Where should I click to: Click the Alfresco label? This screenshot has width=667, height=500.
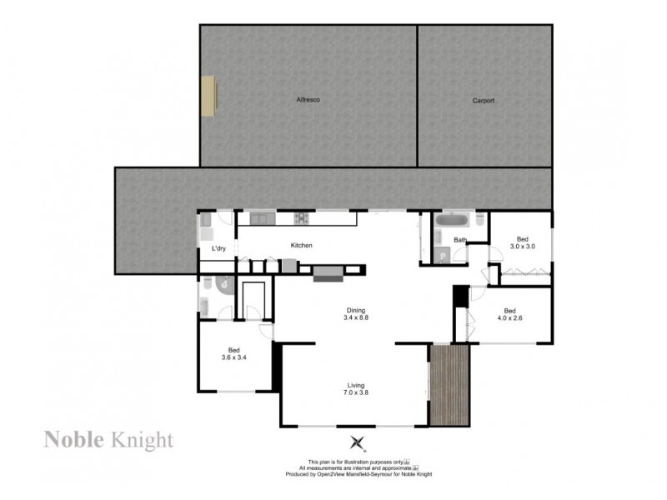(x=308, y=100)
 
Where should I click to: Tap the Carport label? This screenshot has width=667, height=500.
(x=484, y=101)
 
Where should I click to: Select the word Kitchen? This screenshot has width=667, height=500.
(x=301, y=246)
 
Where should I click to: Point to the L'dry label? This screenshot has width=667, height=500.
(x=218, y=248)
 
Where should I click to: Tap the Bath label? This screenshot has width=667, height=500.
(x=459, y=241)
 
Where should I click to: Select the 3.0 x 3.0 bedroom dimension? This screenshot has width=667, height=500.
(x=519, y=247)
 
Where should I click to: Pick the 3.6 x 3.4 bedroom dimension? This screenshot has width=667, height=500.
(x=233, y=357)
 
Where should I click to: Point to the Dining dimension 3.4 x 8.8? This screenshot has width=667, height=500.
(x=356, y=317)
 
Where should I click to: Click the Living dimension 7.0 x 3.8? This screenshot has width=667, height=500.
(x=356, y=392)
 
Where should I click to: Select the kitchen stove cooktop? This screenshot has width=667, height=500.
(x=301, y=219)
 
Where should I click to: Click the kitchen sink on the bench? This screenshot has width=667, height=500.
(x=261, y=219)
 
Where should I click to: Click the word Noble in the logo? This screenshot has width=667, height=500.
(x=73, y=438)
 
